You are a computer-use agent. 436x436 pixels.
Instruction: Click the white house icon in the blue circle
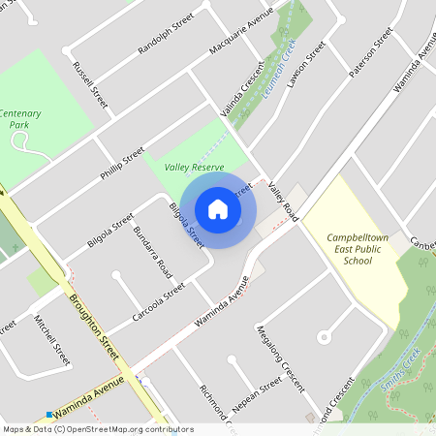point(218,208)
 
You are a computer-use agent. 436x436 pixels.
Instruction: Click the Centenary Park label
point(19,118)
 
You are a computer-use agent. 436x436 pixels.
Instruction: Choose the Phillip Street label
point(121,164)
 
